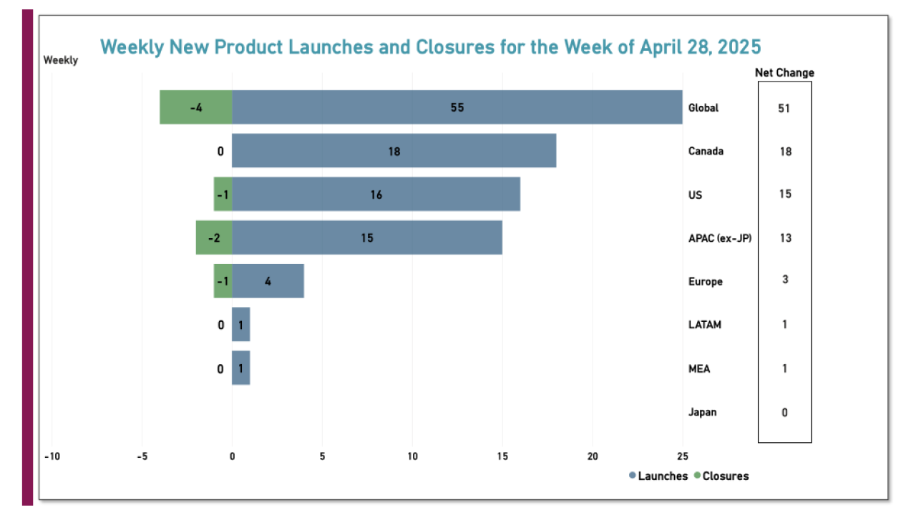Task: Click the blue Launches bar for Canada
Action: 394,151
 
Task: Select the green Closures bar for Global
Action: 195,107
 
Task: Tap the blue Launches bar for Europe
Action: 268,281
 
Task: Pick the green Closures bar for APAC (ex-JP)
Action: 213,237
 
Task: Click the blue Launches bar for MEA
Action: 240,368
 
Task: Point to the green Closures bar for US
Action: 223,195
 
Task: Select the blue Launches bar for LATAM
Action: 240,325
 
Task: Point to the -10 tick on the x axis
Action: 51,456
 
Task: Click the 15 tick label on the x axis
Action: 502,456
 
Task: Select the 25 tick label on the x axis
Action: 683,456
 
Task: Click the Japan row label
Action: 702,412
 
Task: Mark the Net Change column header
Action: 784,72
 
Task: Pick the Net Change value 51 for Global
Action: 784,108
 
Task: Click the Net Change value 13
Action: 784,237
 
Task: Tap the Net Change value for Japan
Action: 784,412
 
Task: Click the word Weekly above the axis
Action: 61,60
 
